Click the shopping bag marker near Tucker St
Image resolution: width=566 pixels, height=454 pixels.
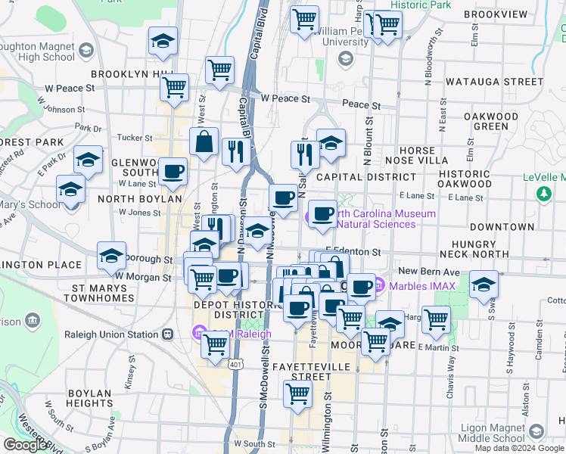pyautogui.click(x=204, y=141)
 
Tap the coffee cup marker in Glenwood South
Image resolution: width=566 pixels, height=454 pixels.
pyautogui.click(x=173, y=172)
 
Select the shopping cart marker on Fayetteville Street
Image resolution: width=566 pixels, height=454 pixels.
pyautogui.click(x=297, y=393)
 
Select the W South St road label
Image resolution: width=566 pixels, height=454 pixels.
pyautogui.click(x=252, y=443)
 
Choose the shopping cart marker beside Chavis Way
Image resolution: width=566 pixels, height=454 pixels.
pyautogui.click(x=436, y=319)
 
